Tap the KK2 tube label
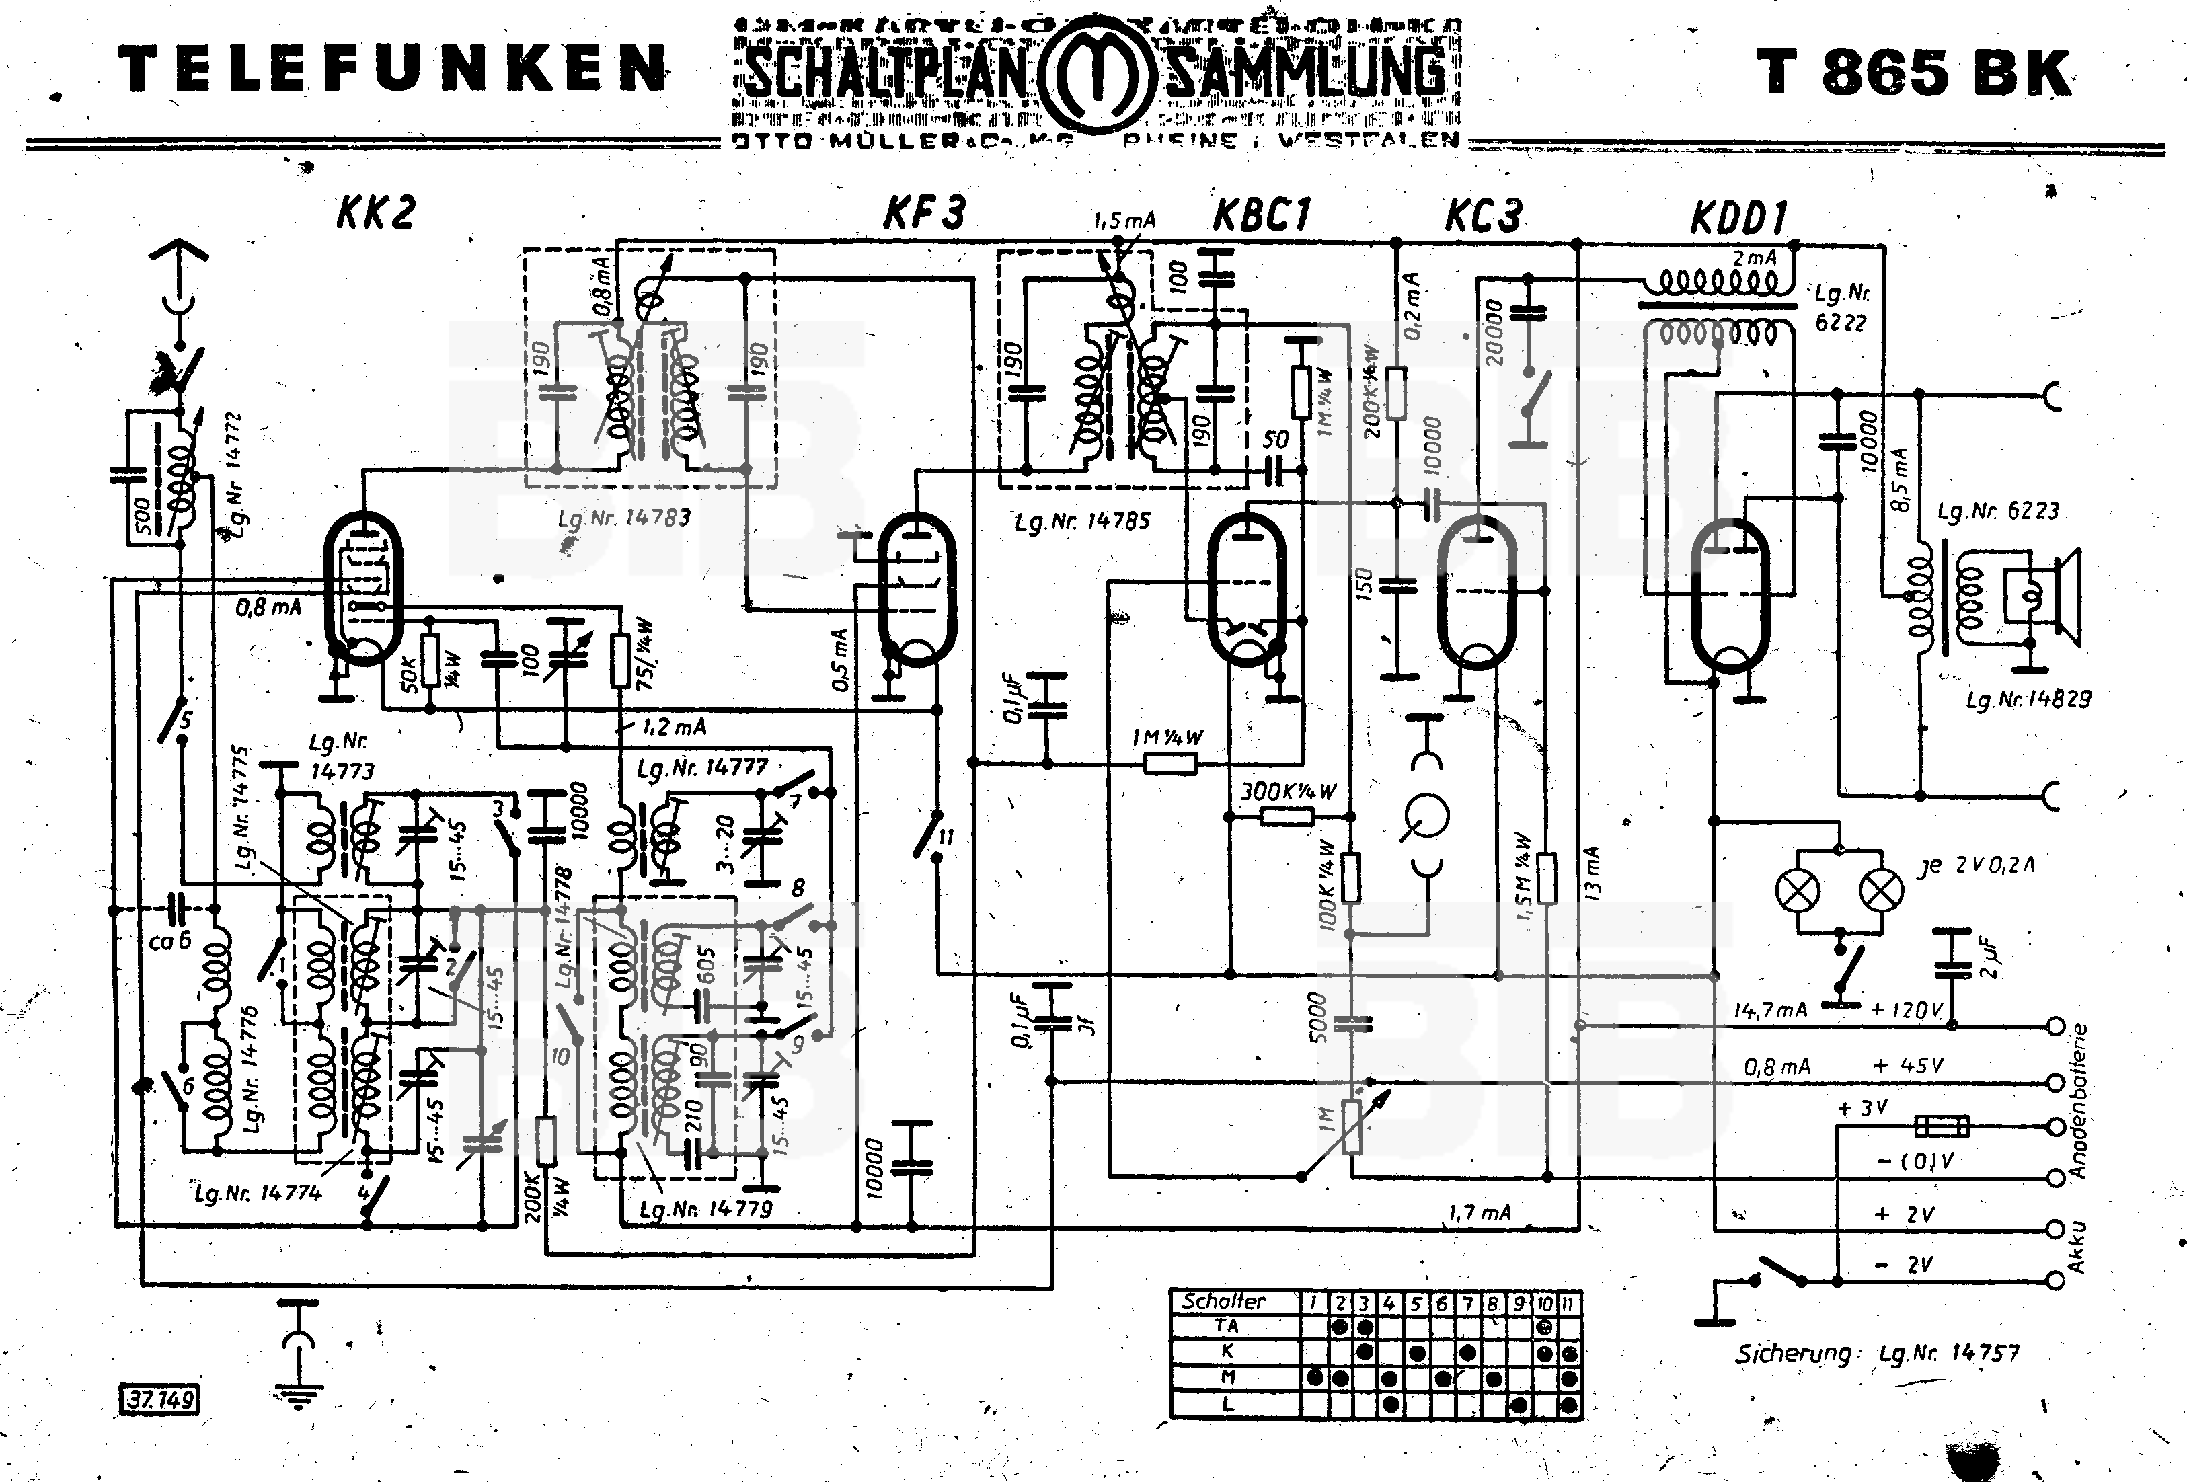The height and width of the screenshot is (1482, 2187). (x=375, y=212)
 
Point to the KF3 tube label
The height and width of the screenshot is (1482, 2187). (x=923, y=212)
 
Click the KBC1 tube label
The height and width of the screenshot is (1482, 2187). (x=1261, y=214)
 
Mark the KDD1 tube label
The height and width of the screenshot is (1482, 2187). (x=1738, y=219)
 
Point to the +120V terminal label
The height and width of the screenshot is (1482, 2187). (x=1907, y=1010)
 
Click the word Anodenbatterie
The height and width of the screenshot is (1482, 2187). (x=2078, y=1101)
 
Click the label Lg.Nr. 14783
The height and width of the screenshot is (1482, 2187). (x=624, y=518)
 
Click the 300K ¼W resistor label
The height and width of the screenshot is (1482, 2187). (x=1287, y=791)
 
